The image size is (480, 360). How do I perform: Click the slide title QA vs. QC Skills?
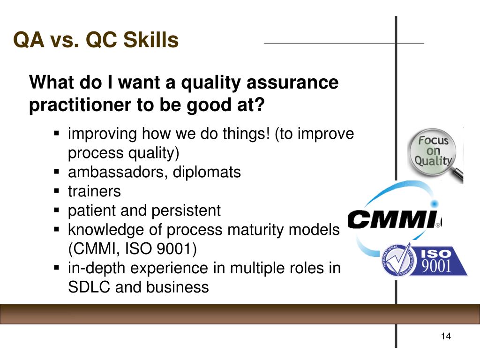pyautogui.click(x=96, y=40)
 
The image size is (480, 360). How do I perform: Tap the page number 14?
pyautogui.click(x=445, y=337)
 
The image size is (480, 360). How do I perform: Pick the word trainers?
pyautogui.click(x=94, y=191)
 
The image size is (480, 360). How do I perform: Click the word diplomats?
pyautogui.click(x=207, y=172)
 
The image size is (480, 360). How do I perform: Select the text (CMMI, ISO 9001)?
pyautogui.click(x=133, y=249)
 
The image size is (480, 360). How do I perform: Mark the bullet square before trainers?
pyautogui.click(x=57, y=191)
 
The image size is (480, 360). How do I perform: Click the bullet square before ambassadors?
pyautogui.click(x=57, y=172)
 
